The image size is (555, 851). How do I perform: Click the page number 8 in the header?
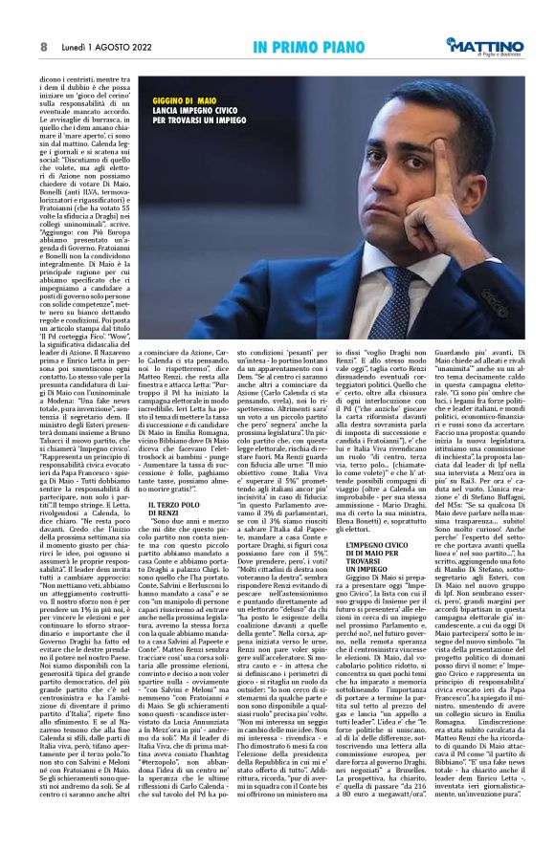pos(44,46)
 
